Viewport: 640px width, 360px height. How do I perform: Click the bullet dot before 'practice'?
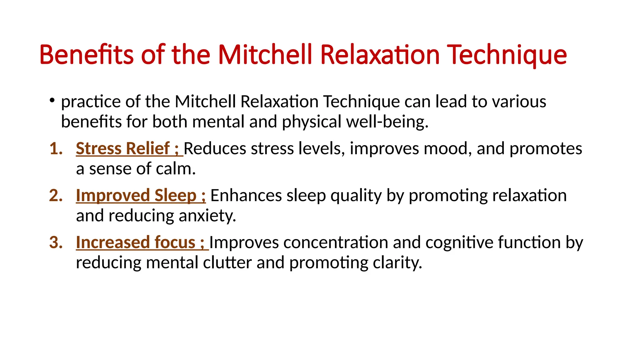[x=52, y=100]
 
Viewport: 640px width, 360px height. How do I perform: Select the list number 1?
[x=56, y=148]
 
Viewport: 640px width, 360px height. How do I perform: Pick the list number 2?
[x=56, y=196]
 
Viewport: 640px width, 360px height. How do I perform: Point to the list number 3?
[x=56, y=242]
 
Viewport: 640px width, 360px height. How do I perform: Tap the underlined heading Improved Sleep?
[x=136, y=196]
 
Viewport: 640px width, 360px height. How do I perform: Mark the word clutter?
[x=227, y=262]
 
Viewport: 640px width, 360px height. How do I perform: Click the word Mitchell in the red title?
[x=265, y=55]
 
